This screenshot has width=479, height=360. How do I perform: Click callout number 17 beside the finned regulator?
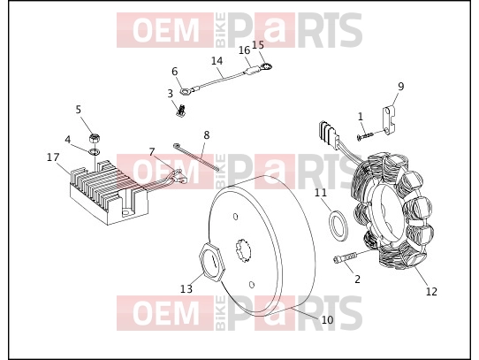point(53,157)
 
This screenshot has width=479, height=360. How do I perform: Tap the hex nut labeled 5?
point(95,139)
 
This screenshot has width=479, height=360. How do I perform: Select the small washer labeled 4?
point(95,151)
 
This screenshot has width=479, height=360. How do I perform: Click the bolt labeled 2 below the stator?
point(345,258)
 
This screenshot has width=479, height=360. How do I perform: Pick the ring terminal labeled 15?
point(266,65)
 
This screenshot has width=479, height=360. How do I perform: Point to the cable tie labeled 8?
point(196,157)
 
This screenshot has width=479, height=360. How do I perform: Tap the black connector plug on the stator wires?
point(328,132)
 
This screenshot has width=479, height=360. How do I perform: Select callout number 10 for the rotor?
point(327,320)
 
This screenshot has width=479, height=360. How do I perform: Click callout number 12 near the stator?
point(431,292)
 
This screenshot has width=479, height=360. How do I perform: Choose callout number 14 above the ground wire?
point(217,60)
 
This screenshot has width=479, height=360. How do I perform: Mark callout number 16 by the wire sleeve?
point(244,50)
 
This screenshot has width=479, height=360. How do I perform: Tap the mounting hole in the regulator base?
point(125,212)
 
